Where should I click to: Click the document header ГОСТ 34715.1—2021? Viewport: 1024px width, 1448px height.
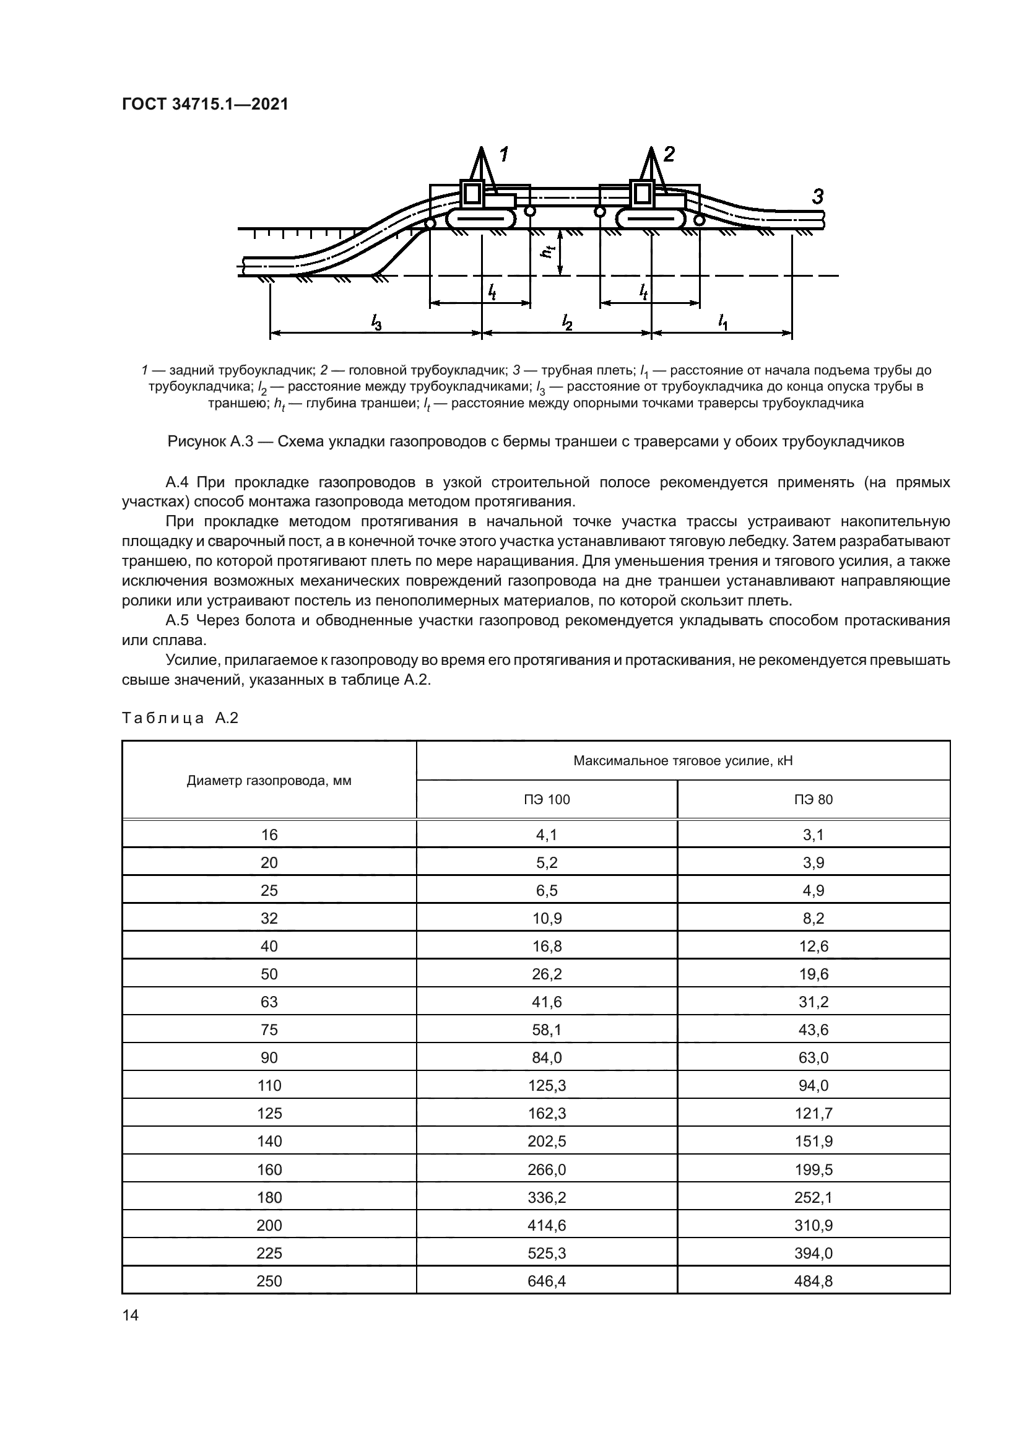pos(205,105)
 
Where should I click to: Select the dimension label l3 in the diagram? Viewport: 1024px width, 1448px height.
pos(376,323)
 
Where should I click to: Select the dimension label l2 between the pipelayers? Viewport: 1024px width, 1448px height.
pos(567,323)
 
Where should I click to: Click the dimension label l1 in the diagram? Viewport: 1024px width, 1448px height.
pos(722,323)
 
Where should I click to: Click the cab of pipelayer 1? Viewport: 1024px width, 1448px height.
pos(472,194)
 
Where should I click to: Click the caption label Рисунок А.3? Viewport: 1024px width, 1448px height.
pos(210,441)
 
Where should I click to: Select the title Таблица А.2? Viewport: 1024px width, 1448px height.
pos(180,717)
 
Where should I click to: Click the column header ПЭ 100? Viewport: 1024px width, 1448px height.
pos(547,800)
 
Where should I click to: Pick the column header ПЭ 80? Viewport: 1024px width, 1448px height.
pos(814,800)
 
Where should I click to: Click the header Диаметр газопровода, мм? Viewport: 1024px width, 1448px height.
pos(269,781)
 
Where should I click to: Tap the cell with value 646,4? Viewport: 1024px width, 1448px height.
pos(547,1281)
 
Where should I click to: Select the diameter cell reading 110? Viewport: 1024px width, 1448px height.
pos(269,1085)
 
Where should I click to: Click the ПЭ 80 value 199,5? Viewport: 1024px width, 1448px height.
pos(814,1170)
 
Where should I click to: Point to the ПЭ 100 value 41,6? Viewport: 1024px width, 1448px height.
pos(547,1002)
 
